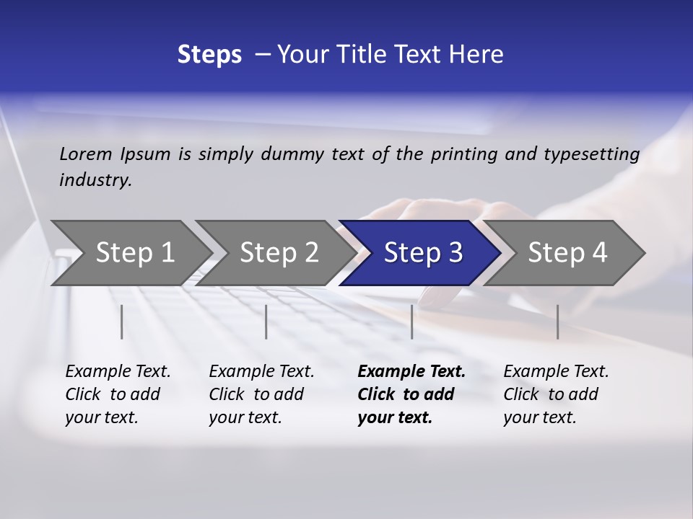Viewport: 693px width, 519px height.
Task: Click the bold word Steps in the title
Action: pyautogui.click(x=209, y=54)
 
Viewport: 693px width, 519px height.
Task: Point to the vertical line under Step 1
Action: pyautogui.click(x=122, y=321)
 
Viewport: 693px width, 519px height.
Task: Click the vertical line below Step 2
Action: pyautogui.click(x=266, y=321)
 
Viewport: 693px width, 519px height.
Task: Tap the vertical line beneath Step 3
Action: pyautogui.click(x=411, y=321)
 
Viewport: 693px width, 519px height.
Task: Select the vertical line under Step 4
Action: pyautogui.click(x=557, y=321)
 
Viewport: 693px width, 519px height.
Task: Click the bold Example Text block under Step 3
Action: pyautogui.click(x=411, y=394)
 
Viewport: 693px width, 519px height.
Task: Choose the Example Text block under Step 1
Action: pyautogui.click(x=118, y=394)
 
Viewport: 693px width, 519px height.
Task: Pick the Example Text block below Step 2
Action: pyautogui.click(x=261, y=394)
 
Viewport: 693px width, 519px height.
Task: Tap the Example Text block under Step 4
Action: pyautogui.click(x=556, y=394)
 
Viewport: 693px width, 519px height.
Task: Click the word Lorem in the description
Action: pyautogui.click(x=86, y=154)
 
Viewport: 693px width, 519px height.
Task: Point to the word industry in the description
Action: pyautogui.click(x=95, y=180)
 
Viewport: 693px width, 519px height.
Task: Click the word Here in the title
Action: pyautogui.click(x=476, y=54)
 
